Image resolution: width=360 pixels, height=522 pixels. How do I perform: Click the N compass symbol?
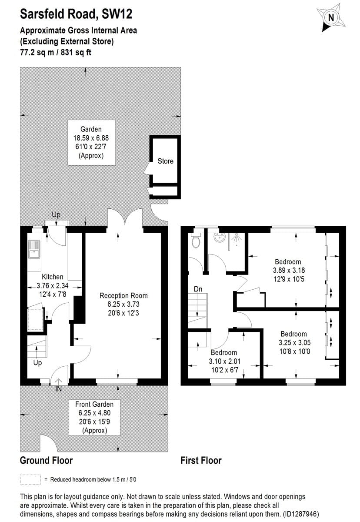point(331,18)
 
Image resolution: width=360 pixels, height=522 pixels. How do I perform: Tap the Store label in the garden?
point(165,161)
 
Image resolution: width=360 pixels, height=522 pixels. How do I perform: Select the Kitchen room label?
point(53,277)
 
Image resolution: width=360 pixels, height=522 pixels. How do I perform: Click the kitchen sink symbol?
point(34,249)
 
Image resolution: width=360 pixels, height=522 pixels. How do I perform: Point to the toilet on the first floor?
point(196,241)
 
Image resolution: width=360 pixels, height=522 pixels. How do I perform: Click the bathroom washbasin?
point(220,238)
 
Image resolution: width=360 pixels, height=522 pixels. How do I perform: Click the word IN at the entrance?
point(58,389)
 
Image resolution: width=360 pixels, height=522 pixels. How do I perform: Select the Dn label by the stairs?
point(198,289)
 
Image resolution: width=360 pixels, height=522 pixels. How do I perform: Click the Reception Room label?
point(123,295)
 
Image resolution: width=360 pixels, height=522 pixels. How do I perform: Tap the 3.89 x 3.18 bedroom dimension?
point(289,270)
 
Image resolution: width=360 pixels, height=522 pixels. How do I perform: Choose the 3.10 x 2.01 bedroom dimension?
point(224,361)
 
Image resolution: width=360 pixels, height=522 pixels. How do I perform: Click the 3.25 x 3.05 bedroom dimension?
point(295,343)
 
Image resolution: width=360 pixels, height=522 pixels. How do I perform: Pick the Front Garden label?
point(94,404)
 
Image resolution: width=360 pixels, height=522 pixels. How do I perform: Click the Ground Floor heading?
point(47,461)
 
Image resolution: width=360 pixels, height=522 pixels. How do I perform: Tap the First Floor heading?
point(201,461)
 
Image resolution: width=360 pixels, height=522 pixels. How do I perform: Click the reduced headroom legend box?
point(30,479)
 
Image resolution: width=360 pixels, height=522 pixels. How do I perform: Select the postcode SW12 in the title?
point(117,14)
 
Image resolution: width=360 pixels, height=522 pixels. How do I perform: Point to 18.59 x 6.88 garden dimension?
point(91,138)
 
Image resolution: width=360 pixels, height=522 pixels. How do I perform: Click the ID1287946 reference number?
point(301,513)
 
